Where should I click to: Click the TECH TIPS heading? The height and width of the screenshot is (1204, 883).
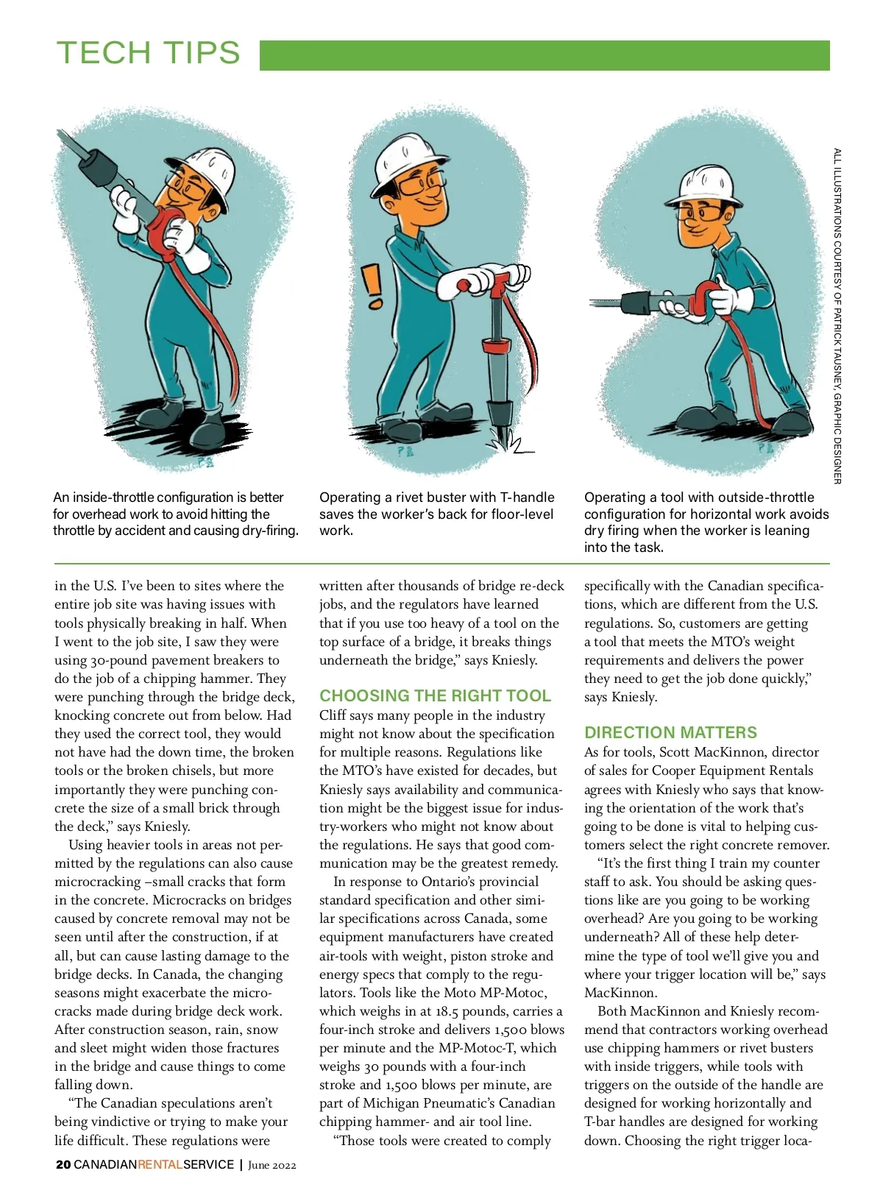click(149, 53)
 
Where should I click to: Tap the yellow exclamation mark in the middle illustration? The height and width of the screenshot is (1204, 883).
click(374, 286)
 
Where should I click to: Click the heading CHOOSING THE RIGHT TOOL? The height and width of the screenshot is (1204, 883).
click(435, 695)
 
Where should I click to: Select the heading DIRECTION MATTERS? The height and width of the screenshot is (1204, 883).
click(670, 732)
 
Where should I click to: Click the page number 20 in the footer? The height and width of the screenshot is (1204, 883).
click(63, 1165)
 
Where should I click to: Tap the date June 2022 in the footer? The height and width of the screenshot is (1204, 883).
click(272, 1165)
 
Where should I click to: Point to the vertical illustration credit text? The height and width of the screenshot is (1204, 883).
click(837, 316)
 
